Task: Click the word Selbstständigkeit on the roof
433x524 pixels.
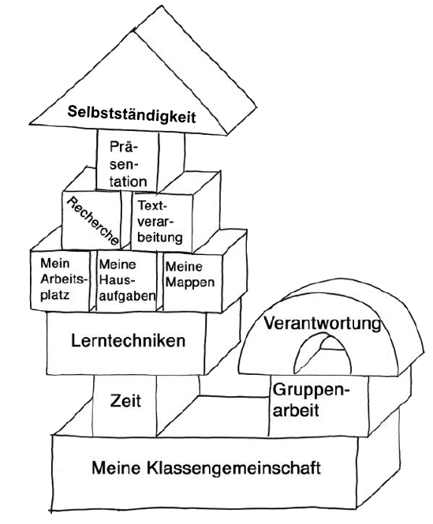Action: click(x=131, y=114)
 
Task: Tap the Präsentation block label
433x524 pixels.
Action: click(x=128, y=164)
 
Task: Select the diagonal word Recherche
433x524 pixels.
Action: click(x=92, y=221)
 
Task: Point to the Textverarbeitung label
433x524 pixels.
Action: click(x=159, y=222)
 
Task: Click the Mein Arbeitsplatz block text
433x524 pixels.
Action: click(x=63, y=279)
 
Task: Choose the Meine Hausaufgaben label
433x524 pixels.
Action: click(x=127, y=280)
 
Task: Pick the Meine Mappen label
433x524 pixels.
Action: click(x=190, y=275)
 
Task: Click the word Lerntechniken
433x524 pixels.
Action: click(x=129, y=341)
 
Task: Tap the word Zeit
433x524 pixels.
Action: click(x=125, y=401)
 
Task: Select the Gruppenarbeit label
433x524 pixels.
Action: click(x=309, y=400)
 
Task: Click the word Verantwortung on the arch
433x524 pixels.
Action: click(x=323, y=323)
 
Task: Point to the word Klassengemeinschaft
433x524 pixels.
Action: click(x=233, y=468)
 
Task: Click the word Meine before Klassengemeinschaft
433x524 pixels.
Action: click(x=116, y=468)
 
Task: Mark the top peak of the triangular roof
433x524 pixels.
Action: click(x=162, y=6)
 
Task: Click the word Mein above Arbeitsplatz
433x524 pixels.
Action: click(x=55, y=264)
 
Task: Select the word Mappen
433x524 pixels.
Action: click(x=190, y=283)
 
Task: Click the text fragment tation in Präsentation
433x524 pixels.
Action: click(x=129, y=182)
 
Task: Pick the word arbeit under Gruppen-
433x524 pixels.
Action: click(x=296, y=410)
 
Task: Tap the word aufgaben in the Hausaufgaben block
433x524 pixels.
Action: click(x=127, y=296)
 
